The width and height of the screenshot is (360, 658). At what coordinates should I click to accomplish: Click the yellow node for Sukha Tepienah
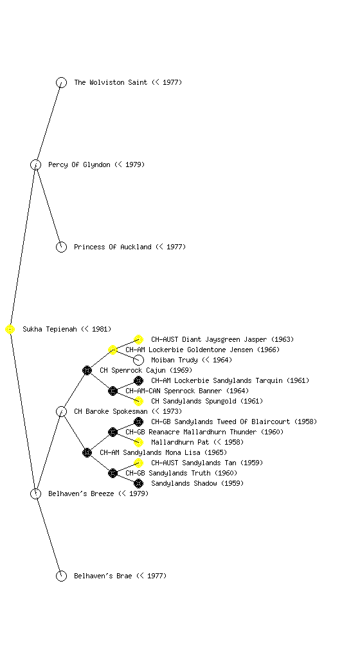[x=10, y=330]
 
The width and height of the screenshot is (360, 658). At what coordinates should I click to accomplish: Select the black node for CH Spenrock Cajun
[x=87, y=371]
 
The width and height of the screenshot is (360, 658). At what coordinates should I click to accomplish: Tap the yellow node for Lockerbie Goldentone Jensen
[x=113, y=350]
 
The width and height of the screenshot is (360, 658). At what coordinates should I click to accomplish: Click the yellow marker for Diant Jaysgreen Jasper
[x=138, y=339]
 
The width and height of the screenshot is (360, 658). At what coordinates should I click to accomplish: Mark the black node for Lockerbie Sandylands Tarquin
[x=138, y=380]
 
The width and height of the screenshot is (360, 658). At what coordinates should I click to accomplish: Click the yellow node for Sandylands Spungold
[x=138, y=401]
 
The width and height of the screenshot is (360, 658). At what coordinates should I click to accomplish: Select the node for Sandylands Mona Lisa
[x=87, y=453]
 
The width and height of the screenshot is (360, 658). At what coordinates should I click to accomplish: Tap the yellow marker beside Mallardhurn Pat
[x=138, y=442]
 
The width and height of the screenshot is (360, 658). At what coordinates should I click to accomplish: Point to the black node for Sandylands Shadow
[x=138, y=483]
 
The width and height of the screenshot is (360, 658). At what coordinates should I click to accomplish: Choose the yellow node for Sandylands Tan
[x=138, y=463]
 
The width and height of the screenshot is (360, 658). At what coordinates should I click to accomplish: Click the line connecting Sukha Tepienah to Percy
[x=23, y=247]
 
